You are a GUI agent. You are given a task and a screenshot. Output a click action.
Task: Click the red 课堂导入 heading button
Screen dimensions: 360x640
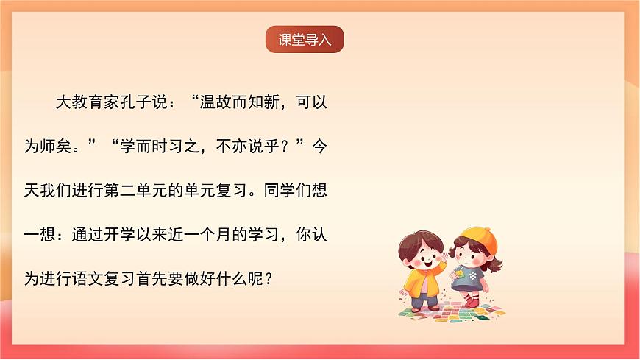coord(305,40)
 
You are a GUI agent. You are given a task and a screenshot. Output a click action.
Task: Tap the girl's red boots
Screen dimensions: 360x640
coord(472,301)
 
